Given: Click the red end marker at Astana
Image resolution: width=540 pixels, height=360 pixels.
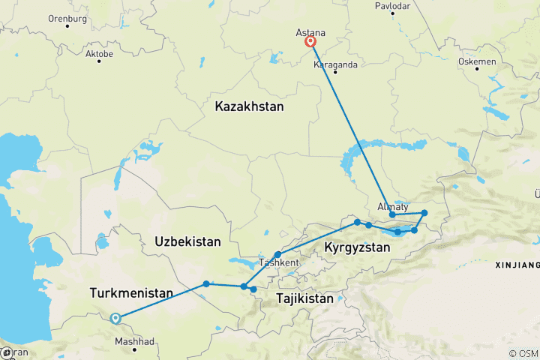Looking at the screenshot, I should (310, 43).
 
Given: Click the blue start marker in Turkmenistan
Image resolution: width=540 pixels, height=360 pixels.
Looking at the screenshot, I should (115, 318).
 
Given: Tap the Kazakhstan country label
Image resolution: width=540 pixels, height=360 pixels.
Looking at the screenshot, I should (249, 107).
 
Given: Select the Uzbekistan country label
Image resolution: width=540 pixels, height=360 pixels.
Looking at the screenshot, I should (187, 241).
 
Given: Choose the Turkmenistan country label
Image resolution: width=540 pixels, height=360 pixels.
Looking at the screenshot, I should (131, 292).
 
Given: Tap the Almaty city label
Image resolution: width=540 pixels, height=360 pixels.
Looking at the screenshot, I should (393, 206).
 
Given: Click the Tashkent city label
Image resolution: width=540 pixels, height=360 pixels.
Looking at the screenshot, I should (280, 263).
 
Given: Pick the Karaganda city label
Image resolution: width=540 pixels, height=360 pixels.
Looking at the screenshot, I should (335, 64).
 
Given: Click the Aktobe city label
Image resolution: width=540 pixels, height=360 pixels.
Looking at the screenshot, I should (99, 54).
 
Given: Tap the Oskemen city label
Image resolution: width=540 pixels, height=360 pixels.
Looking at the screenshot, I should (477, 61).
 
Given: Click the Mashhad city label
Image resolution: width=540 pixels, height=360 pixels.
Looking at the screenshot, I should (135, 341).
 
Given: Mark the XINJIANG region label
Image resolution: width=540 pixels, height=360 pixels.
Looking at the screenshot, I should (517, 265).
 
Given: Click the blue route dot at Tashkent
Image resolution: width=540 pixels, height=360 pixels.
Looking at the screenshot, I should (277, 255).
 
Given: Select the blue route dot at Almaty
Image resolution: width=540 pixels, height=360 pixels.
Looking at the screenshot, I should (392, 215).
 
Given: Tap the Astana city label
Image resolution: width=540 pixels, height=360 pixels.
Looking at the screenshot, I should (310, 33).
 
